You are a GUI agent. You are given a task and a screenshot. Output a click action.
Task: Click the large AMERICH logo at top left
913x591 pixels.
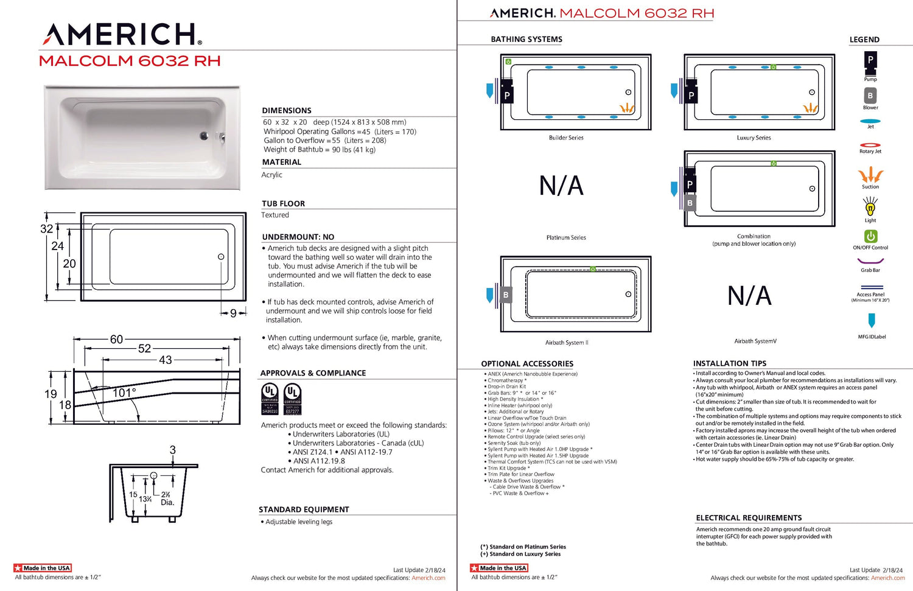pyautogui.click(x=122, y=35)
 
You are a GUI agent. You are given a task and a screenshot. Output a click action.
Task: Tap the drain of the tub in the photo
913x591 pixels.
pyautogui.click(x=205, y=136)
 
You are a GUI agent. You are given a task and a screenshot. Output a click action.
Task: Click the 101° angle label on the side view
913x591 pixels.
pyautogui.click(x=124, y=393)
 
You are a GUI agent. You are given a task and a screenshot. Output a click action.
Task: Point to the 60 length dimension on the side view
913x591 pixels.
pyautogui.click(x=116, y=339)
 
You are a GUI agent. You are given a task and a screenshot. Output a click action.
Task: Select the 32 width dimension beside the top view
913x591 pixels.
pyautogui.click(x=46, y=229)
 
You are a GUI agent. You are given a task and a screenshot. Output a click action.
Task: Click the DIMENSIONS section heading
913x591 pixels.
pyautogui.click(x=287, y=110)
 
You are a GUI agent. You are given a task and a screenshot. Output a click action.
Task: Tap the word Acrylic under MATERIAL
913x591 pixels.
pyautogui.click(x=272, y=175)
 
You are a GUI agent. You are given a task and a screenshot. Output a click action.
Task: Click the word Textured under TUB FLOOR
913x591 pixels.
pyautogui.click(x=275, y=215)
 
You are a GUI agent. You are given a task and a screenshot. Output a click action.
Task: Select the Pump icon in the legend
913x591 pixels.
pyautogui.click(x=870, y=60)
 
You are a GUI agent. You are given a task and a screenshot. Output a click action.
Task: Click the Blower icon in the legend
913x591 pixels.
pyautogui.click(x=870, y=96)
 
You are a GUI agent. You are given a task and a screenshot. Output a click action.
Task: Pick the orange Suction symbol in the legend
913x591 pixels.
pyautogui.click(x=870, y=175)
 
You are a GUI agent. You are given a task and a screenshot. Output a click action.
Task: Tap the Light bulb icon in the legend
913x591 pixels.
pyautogui.click(x=870, y=208)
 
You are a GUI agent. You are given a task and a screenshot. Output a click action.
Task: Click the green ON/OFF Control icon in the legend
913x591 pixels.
pyautogui.click(x=870, y=236)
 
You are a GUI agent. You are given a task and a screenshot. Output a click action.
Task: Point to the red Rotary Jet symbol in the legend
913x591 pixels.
pyautogui.click(x=870, y=145)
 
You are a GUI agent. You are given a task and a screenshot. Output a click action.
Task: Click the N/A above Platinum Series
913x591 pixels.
pyautogui.click(x=561, y=186)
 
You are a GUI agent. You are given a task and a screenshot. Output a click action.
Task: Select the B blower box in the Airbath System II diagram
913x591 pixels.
pyautogui.click(x=506, y=295)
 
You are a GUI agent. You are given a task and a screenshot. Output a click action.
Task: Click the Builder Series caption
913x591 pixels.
pyautogui.click(x=566, y=138)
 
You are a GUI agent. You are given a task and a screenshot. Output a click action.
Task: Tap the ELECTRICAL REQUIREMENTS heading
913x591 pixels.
pyautogui.click(x=749, y=518)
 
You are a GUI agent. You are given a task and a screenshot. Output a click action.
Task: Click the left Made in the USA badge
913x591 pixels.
pyautogui.click(x=43, y=568)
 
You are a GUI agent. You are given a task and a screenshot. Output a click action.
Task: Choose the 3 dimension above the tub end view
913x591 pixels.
pyautogui.click(x=173, y=450)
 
